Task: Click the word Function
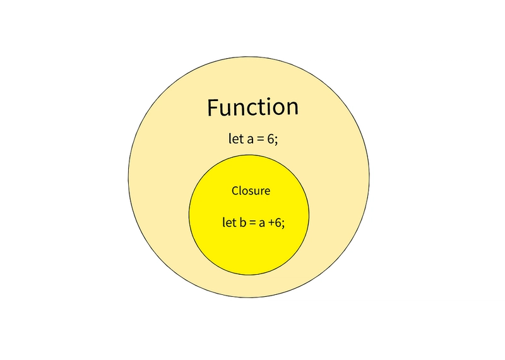pos(253,107)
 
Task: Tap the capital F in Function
pos(213,107)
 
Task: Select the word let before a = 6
pos(235,138)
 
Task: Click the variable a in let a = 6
pos(250,139)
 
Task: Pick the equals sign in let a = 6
pos(261,139)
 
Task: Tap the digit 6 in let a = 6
pos(271,139)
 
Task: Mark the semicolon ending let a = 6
pos(276,140)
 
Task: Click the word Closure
pos(251,191)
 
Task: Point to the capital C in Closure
pos(235,191)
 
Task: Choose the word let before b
pos(230,222)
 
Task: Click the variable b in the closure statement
pos(243,222)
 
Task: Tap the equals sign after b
pos(252,223)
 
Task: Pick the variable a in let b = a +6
pos(262,223)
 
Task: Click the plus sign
pos(271,223)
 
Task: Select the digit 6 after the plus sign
pos(278,222)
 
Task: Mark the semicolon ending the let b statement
pos(283,224)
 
